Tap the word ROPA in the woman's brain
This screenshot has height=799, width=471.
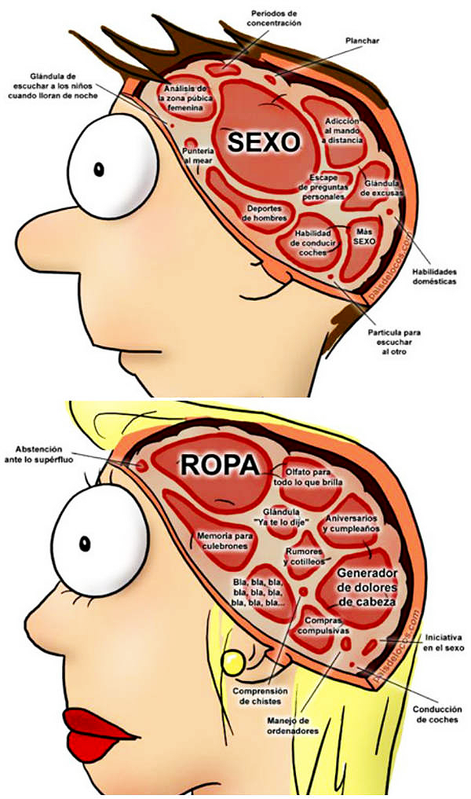219,465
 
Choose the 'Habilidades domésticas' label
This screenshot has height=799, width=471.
434,276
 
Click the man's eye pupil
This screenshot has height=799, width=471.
100,168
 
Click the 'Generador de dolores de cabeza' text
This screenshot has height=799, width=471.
367,588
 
